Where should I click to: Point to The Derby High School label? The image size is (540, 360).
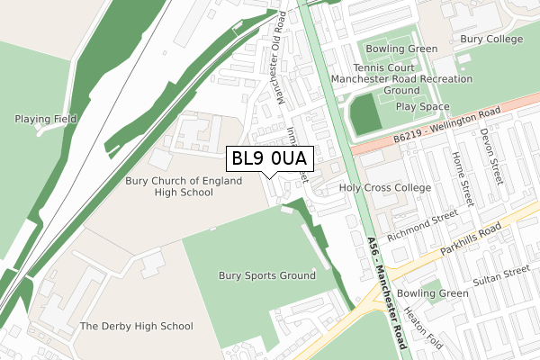click(x=136, y=326)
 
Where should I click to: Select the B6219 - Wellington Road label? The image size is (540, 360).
click(x=446, y=127)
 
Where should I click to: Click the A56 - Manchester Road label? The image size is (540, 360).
click(x=389, y=283)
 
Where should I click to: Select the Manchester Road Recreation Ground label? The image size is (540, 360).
click(x=401, y=85)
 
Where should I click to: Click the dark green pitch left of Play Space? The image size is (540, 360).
click(x=364, y=114)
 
